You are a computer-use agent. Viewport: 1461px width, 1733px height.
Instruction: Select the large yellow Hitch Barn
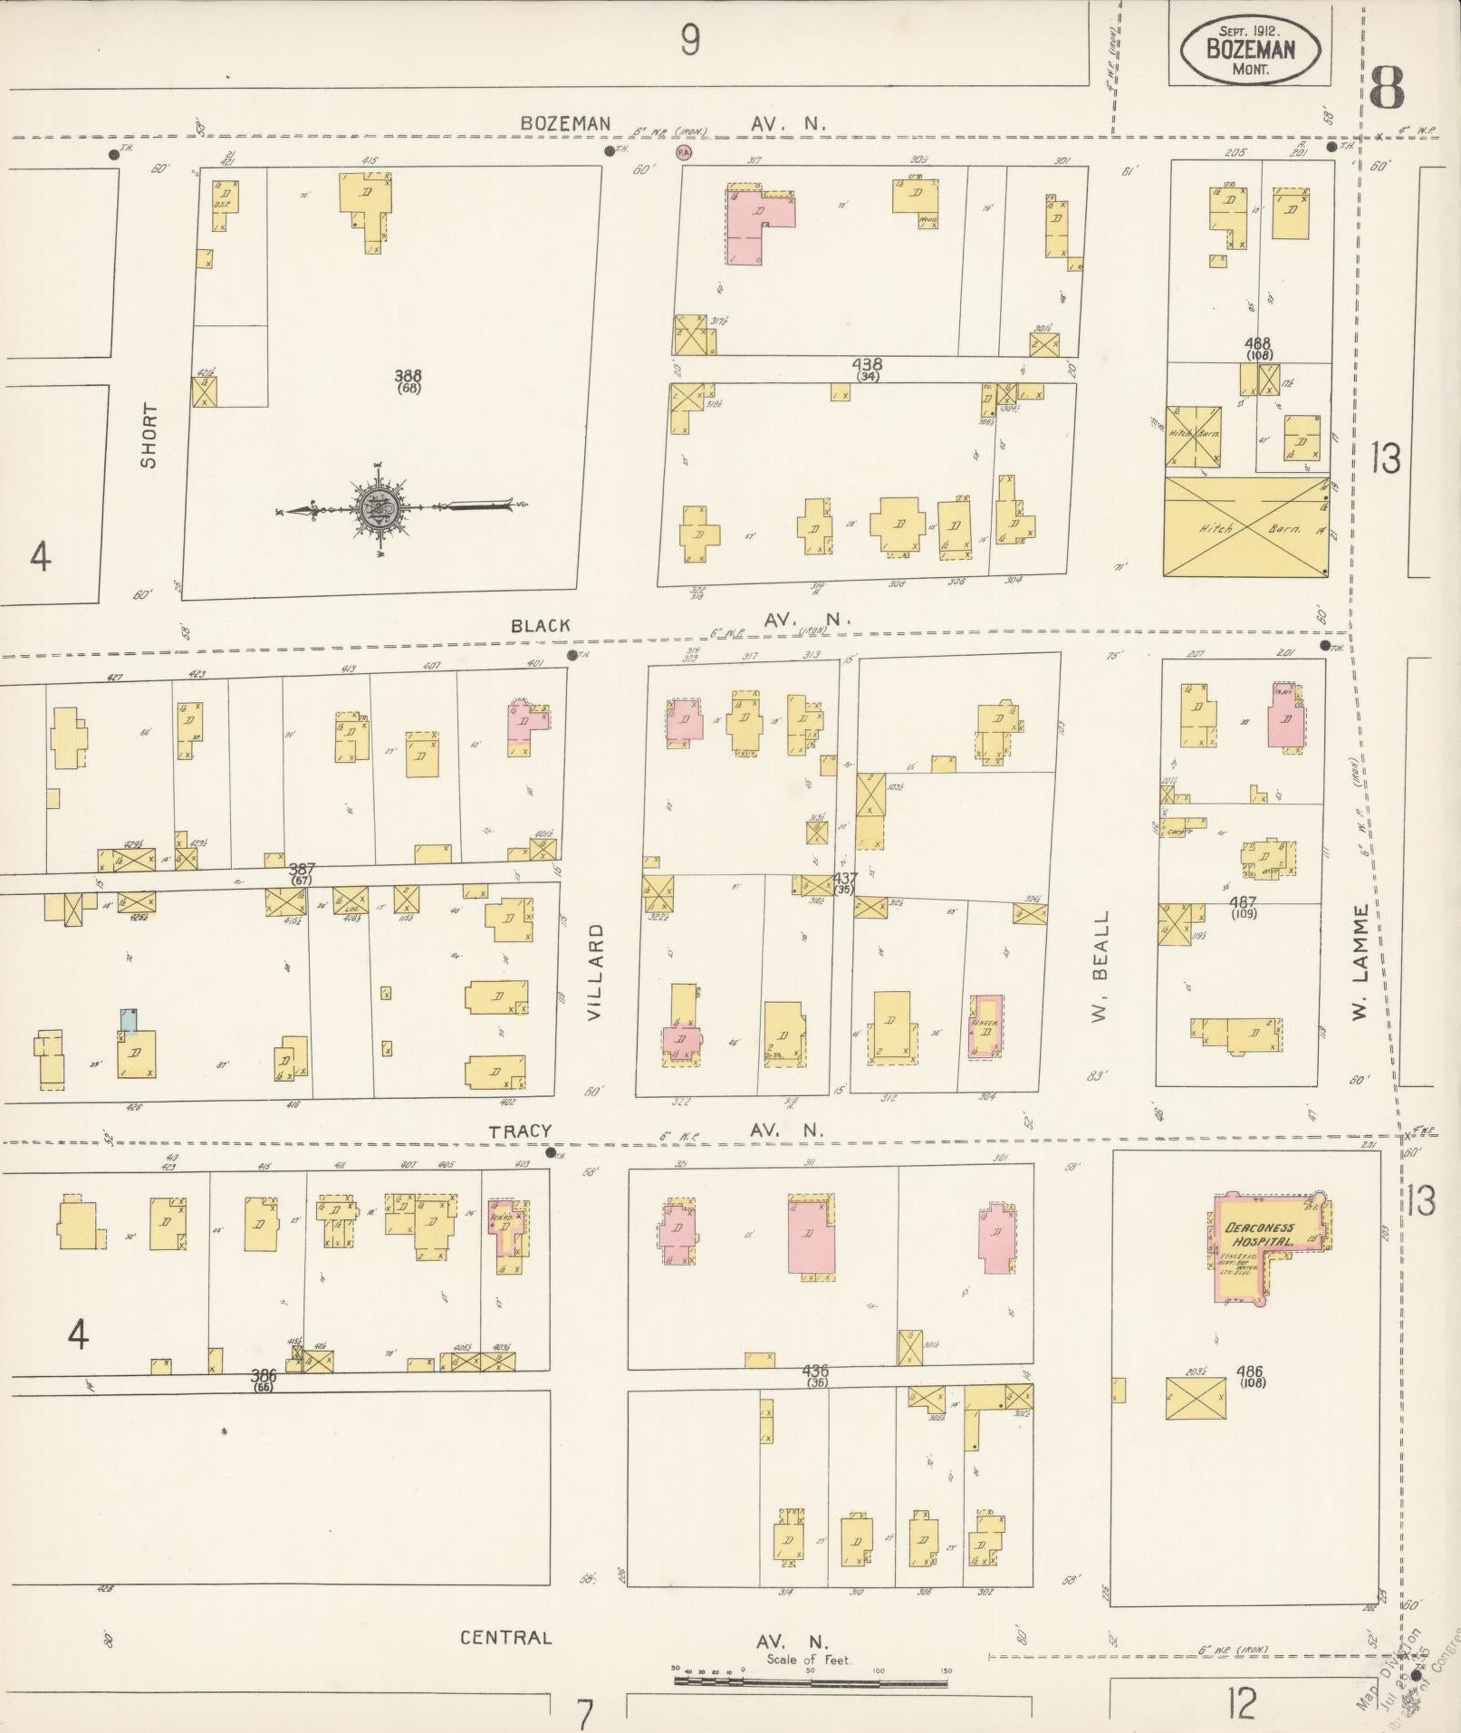point(1246,526)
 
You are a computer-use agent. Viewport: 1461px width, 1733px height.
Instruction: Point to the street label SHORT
point(149,435)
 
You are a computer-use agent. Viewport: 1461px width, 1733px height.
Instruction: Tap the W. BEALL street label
point(1100,967)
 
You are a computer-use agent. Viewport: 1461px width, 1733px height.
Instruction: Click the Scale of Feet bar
point(811,1682)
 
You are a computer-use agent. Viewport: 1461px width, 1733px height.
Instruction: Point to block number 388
point(409,375)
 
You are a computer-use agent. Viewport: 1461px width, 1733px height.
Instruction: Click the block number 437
point(845,878)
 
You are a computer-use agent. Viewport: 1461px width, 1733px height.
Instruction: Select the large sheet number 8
point(1386,87)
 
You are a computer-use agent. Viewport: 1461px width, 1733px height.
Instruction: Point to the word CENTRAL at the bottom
point(505,1638)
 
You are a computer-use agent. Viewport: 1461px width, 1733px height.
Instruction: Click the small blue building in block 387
point(129,1020)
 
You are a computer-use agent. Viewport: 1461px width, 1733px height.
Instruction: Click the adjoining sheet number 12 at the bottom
point(1241,1706)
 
